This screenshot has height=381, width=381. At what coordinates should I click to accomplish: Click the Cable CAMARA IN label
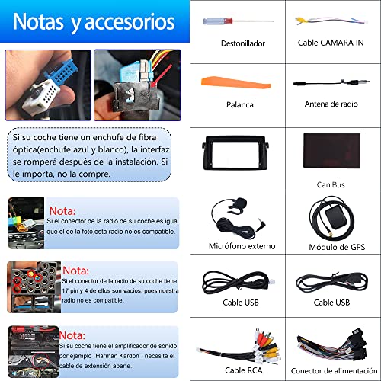coord(332,43)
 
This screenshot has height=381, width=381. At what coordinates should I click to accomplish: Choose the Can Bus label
coord(332,184)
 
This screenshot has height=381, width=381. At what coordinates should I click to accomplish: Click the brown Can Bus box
coord(333,151)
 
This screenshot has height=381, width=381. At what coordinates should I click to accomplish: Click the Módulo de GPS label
coord(332,246)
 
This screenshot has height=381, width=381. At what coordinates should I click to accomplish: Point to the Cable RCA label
coord(237,370)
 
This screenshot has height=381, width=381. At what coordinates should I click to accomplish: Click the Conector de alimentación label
coord(332,370)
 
